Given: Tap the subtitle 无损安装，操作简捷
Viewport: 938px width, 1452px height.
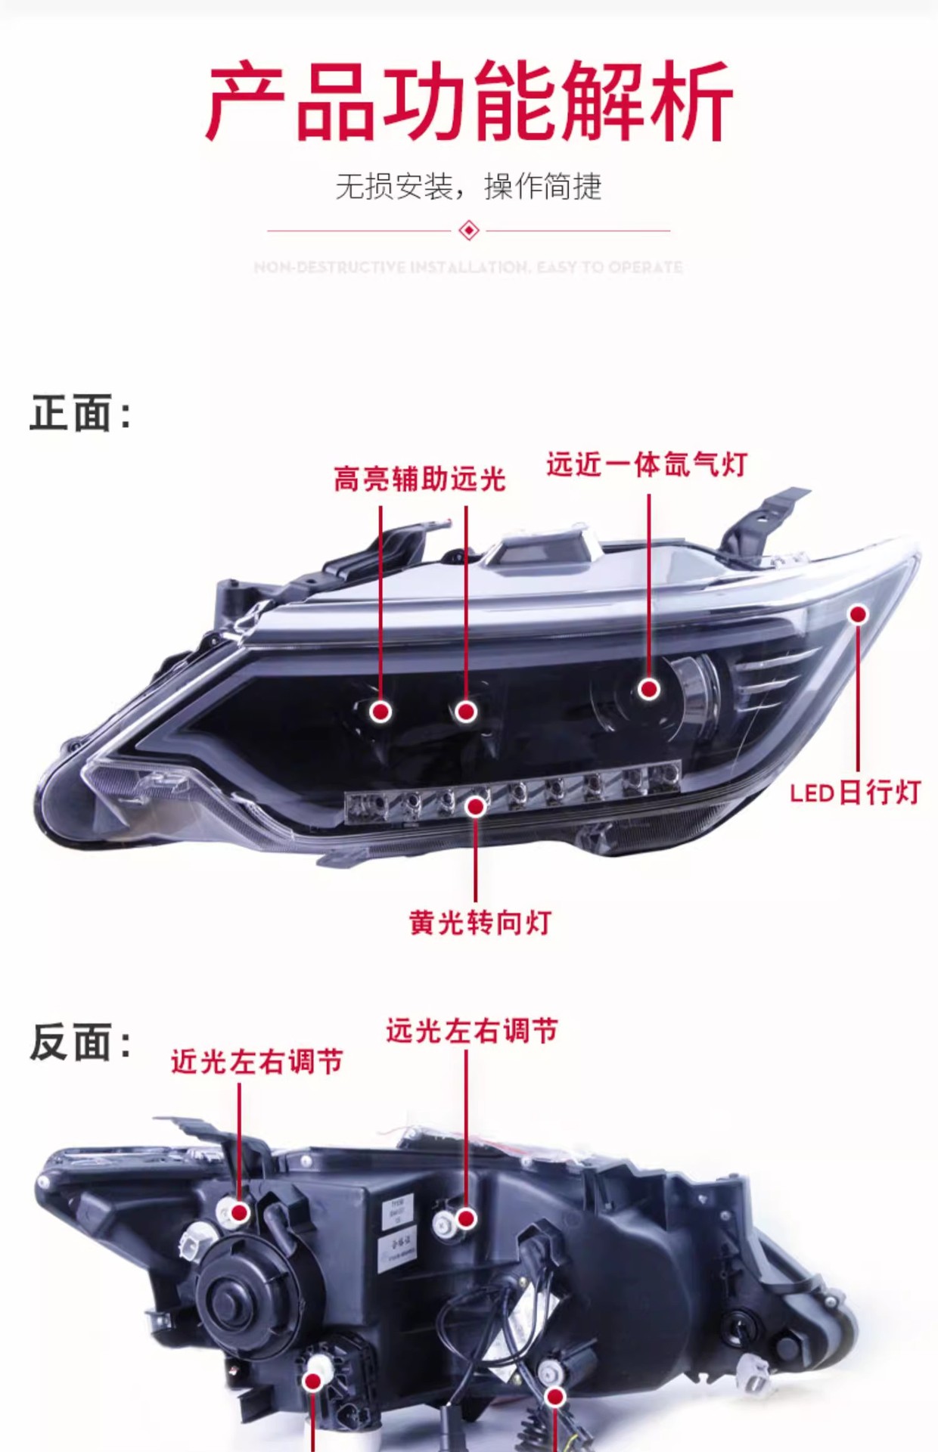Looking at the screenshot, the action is tap(468, 186).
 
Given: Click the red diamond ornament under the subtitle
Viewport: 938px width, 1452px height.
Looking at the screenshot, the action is tap(469, 230).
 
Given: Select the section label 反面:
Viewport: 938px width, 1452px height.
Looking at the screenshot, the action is tap(80, 1042).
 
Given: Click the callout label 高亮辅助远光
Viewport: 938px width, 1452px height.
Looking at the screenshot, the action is tap(420, 479).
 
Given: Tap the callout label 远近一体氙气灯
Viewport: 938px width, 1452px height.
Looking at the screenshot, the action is tap(647, 464).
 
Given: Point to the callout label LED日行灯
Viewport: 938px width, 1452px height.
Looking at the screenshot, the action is tap(855, 793).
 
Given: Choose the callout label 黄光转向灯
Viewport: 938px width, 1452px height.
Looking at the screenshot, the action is tap(480, 923).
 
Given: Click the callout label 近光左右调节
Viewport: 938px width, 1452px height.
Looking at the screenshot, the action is tap(257, 1061).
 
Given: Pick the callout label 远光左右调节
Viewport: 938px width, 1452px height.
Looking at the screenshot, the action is tap(472, 1030).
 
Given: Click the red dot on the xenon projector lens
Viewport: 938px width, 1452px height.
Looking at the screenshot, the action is tap(648, 689).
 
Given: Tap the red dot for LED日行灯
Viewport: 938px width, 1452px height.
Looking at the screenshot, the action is tap(858, 614).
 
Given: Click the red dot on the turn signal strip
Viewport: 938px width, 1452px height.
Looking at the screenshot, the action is tap(476, 807).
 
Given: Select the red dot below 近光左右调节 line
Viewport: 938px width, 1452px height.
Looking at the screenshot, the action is tap(240, 1212).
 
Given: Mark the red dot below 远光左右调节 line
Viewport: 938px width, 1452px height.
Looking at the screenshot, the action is tap(467, 1218).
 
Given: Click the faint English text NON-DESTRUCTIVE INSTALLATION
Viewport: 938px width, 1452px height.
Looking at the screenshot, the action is tap(468, 267).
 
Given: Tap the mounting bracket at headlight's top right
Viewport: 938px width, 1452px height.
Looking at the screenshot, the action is tap(764, 522).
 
